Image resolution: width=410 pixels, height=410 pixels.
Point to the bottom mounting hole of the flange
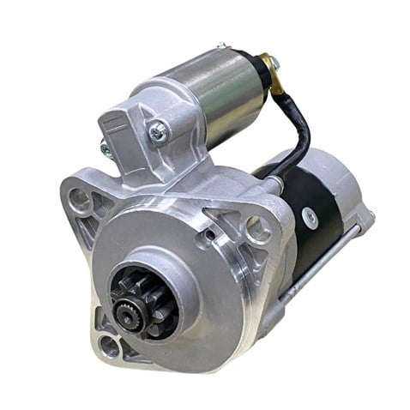click(x=108, y=346)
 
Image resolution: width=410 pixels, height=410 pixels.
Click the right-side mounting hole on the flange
click(x=255, y=229)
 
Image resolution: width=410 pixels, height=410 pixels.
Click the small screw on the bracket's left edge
click(x=106, y=148)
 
